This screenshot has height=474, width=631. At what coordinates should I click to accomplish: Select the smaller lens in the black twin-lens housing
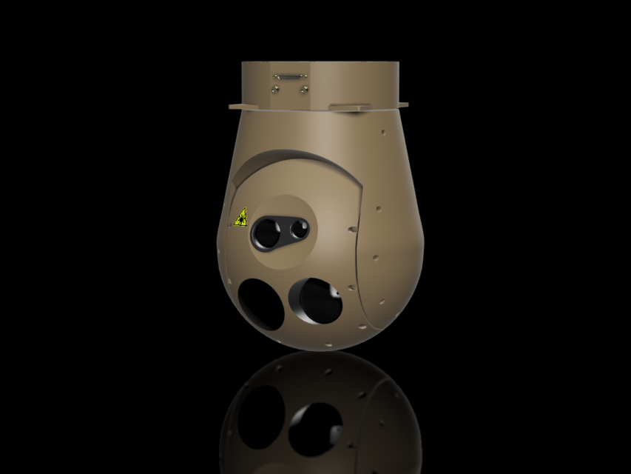point(298,229)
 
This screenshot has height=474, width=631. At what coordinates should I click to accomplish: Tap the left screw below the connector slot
point(276,88)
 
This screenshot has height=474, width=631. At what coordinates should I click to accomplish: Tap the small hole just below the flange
point(384,134)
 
